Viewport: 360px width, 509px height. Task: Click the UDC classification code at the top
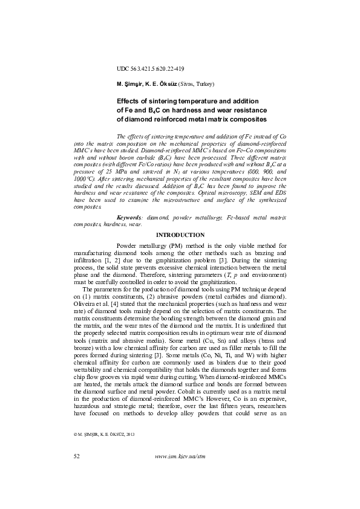click(x=150, y=69)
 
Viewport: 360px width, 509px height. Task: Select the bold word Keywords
click(x=130, y=216)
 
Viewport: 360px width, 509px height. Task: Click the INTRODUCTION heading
click(x=180, y=235)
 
